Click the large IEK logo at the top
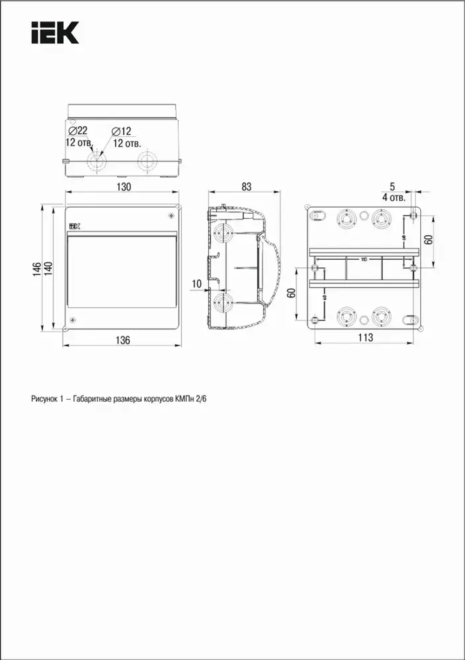55,33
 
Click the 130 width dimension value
123,187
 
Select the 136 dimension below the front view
123,340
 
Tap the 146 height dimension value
37,270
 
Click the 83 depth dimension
246,186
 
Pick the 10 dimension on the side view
197,284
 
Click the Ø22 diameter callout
78,131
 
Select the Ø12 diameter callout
121,132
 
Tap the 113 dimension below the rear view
365,337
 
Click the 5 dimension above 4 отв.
392,186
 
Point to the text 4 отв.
393,198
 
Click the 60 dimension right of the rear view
429,239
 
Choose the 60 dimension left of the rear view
292,294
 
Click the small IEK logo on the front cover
75,226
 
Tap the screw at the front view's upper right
171,216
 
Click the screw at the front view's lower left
73,320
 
